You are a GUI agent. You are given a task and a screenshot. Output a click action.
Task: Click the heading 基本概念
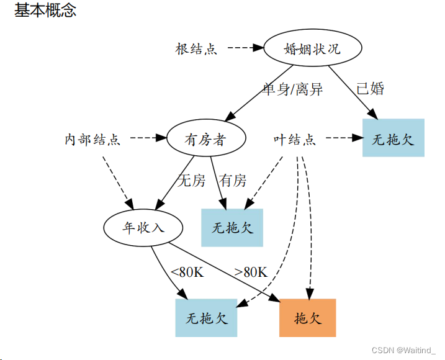pos(45,11)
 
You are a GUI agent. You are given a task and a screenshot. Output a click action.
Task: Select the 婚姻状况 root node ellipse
pos(312,48)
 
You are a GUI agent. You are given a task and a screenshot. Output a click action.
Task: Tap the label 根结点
pos(196,49)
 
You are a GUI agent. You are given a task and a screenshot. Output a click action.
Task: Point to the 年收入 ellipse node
pos(143,228)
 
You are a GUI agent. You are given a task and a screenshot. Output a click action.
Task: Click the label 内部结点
pos(92,140)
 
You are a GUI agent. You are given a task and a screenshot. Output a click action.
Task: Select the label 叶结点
pos(295,140)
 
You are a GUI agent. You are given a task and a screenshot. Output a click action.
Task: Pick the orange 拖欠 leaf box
pos(308,318)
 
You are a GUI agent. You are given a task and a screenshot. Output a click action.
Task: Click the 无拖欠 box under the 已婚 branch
pos(393,138)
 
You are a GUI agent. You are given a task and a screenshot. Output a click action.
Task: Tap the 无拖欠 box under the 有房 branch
pos(233,228)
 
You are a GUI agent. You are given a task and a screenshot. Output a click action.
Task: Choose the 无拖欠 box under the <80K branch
pos(207,318)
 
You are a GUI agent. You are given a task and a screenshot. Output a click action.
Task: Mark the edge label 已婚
pos(371,89)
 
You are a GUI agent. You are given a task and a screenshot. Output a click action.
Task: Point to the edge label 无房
pos(191,181)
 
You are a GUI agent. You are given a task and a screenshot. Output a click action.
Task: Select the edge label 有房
pos(233,181)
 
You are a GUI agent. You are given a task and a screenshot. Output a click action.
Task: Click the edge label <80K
pos(187,271)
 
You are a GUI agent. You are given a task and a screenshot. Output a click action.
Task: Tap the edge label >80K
pos(250,271)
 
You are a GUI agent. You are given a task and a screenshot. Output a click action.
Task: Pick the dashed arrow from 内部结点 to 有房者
pos(144,138)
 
